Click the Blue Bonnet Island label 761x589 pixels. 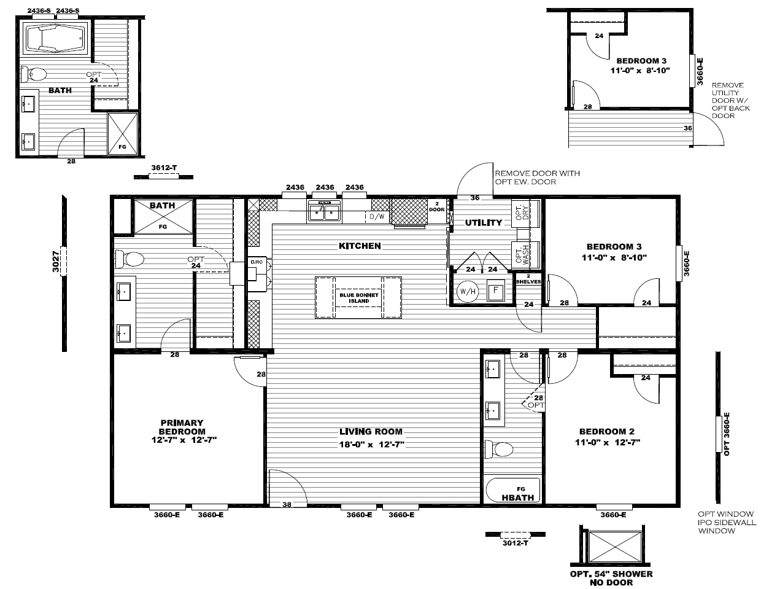tap(359, 298)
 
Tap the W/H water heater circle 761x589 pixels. tap(468, 291)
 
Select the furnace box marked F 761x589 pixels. tap(495, 291)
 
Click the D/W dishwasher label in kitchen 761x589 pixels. tap(377, 217)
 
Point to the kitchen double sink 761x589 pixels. tap(324, 212)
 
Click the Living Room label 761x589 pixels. tap(371, 432)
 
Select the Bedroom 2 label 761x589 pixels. tap(607, 432)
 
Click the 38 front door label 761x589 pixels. tap(287, 505)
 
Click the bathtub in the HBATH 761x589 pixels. tap(512, 490)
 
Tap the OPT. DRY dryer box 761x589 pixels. tap(525, 213)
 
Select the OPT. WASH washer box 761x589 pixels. tap(525, 255)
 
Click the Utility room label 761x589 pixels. tap(484, 222)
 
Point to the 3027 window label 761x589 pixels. tap(55, 262)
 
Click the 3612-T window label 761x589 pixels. tap(164, 168)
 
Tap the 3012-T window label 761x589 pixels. tap(515, 543)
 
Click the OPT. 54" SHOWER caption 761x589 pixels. tap(611, 574)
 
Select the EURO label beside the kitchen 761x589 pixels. tap(257, 262)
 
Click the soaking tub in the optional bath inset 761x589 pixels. tap(56, 38)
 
